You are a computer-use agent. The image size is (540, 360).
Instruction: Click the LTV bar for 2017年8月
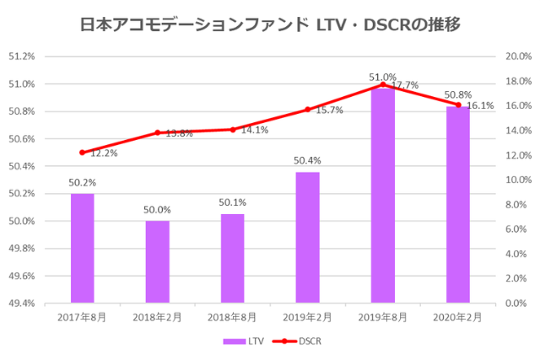point(82,248)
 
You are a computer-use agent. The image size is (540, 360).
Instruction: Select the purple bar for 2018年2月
point(157,261)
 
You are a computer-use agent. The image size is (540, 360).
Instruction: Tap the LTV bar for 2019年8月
point(382,194)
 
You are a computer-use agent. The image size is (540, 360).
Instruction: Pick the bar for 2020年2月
point(457,204)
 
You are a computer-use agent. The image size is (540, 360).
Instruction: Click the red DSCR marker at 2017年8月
point(82,153)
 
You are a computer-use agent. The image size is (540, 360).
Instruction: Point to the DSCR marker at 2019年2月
point(307,110)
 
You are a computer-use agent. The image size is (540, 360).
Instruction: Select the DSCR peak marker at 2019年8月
point(382,84)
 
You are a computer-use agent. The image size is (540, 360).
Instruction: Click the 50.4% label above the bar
point(307,160)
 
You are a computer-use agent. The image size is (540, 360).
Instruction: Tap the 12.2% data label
point(104,153)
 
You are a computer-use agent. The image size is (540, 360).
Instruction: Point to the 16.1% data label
point(480,106)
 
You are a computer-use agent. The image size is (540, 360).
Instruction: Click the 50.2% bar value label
point(82,181)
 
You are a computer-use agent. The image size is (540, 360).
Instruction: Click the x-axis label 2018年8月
point(232,317)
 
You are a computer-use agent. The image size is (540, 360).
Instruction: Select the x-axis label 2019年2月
point(307,317)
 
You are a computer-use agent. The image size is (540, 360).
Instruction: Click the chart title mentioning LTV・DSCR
point(269,24)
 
